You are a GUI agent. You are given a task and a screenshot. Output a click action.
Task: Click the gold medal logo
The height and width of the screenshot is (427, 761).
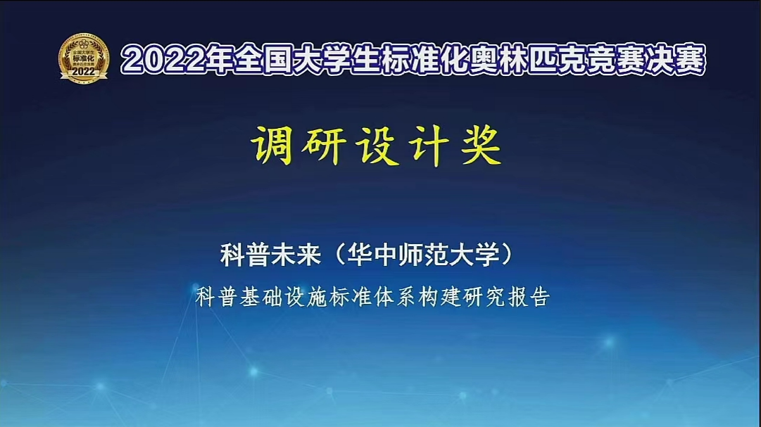(x=84, y=58)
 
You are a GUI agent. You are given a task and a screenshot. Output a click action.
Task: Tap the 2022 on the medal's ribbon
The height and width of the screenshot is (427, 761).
(x=84, y=72)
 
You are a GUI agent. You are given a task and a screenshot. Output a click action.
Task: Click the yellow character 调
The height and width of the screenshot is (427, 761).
(x=272, y=145)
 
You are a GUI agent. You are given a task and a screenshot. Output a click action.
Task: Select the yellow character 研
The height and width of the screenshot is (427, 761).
(x=324, y=145)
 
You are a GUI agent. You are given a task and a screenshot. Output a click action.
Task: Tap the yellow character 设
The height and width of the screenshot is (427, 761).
(x=377, y=145)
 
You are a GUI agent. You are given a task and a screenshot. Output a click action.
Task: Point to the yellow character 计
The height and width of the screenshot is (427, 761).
(x=429, y=145)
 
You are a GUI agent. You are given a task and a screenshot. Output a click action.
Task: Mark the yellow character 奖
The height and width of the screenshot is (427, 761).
(x=481, y=145)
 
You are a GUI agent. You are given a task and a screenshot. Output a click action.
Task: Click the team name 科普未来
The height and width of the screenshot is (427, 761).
(x=271, y=254)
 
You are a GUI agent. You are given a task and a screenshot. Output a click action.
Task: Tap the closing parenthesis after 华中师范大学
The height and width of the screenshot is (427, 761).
(x=507, y=255)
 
